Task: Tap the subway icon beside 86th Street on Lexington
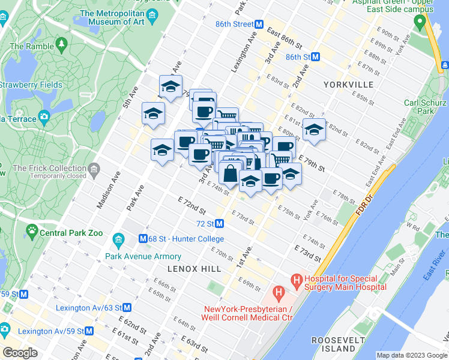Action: pos(259,25)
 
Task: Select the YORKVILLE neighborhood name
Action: pos(348,85)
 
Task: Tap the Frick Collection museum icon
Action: pos(93,172)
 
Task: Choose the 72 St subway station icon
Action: pos(220,224)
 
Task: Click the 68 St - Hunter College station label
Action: pos(186,238)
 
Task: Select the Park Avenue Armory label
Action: pos(134,256)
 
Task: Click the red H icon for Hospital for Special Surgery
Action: pos(296,280)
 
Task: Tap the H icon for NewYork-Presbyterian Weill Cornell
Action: pos(278,293)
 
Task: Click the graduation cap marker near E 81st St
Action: pos(313,129)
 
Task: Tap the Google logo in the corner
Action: pos(20,353)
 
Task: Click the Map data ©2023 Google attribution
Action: pos(411,355)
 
